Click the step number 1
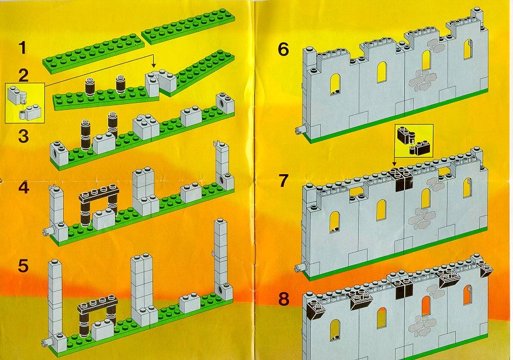click(22, 48)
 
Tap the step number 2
click(23, 76)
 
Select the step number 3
click(23, 136)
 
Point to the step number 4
click(24, 188)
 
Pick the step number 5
click(23, 266)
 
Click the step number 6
click(283, 50)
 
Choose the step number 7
click(283, 181)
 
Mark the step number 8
click(283, 299)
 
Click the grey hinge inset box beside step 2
click(25, 103)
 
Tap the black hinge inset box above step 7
click(414, 140)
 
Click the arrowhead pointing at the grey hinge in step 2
click(154, 66)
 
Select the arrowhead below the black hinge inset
click(394, 164)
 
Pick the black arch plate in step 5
click(98, 304)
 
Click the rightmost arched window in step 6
click(468, 50)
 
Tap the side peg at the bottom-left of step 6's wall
click(300, 130)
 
